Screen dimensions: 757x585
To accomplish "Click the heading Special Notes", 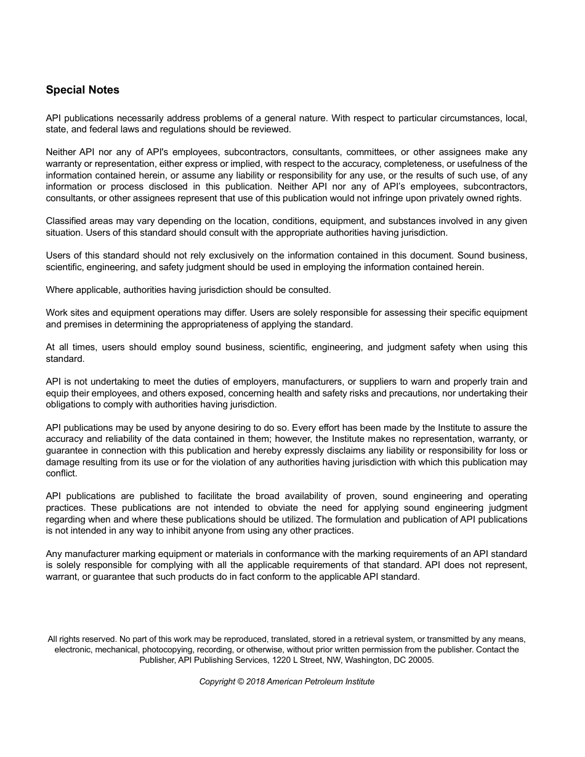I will pyautogui.click(x=83, y=90).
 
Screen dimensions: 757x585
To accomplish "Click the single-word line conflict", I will pyautogui.click(x=62, y=473).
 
